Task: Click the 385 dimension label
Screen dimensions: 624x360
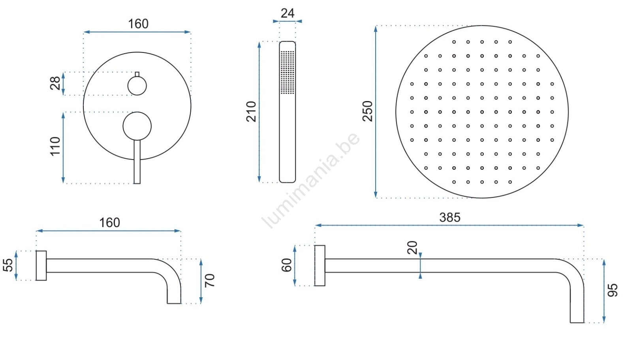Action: (x=449, y=217)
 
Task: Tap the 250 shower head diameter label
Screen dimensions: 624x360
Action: (x=368, y=111)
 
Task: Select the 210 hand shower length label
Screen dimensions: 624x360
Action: (x=251, y=112)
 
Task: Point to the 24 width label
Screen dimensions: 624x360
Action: (x=288, y=13)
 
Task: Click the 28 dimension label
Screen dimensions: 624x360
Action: (x=55, y=83)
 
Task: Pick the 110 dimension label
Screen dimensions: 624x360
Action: (x=55, y=146)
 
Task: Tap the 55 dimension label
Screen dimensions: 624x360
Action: (x=8, y=265)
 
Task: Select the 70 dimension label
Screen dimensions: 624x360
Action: (x=210, y=281)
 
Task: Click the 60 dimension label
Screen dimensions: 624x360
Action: (x=287, y=265)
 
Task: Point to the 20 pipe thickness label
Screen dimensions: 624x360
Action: (x=412, y=248)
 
